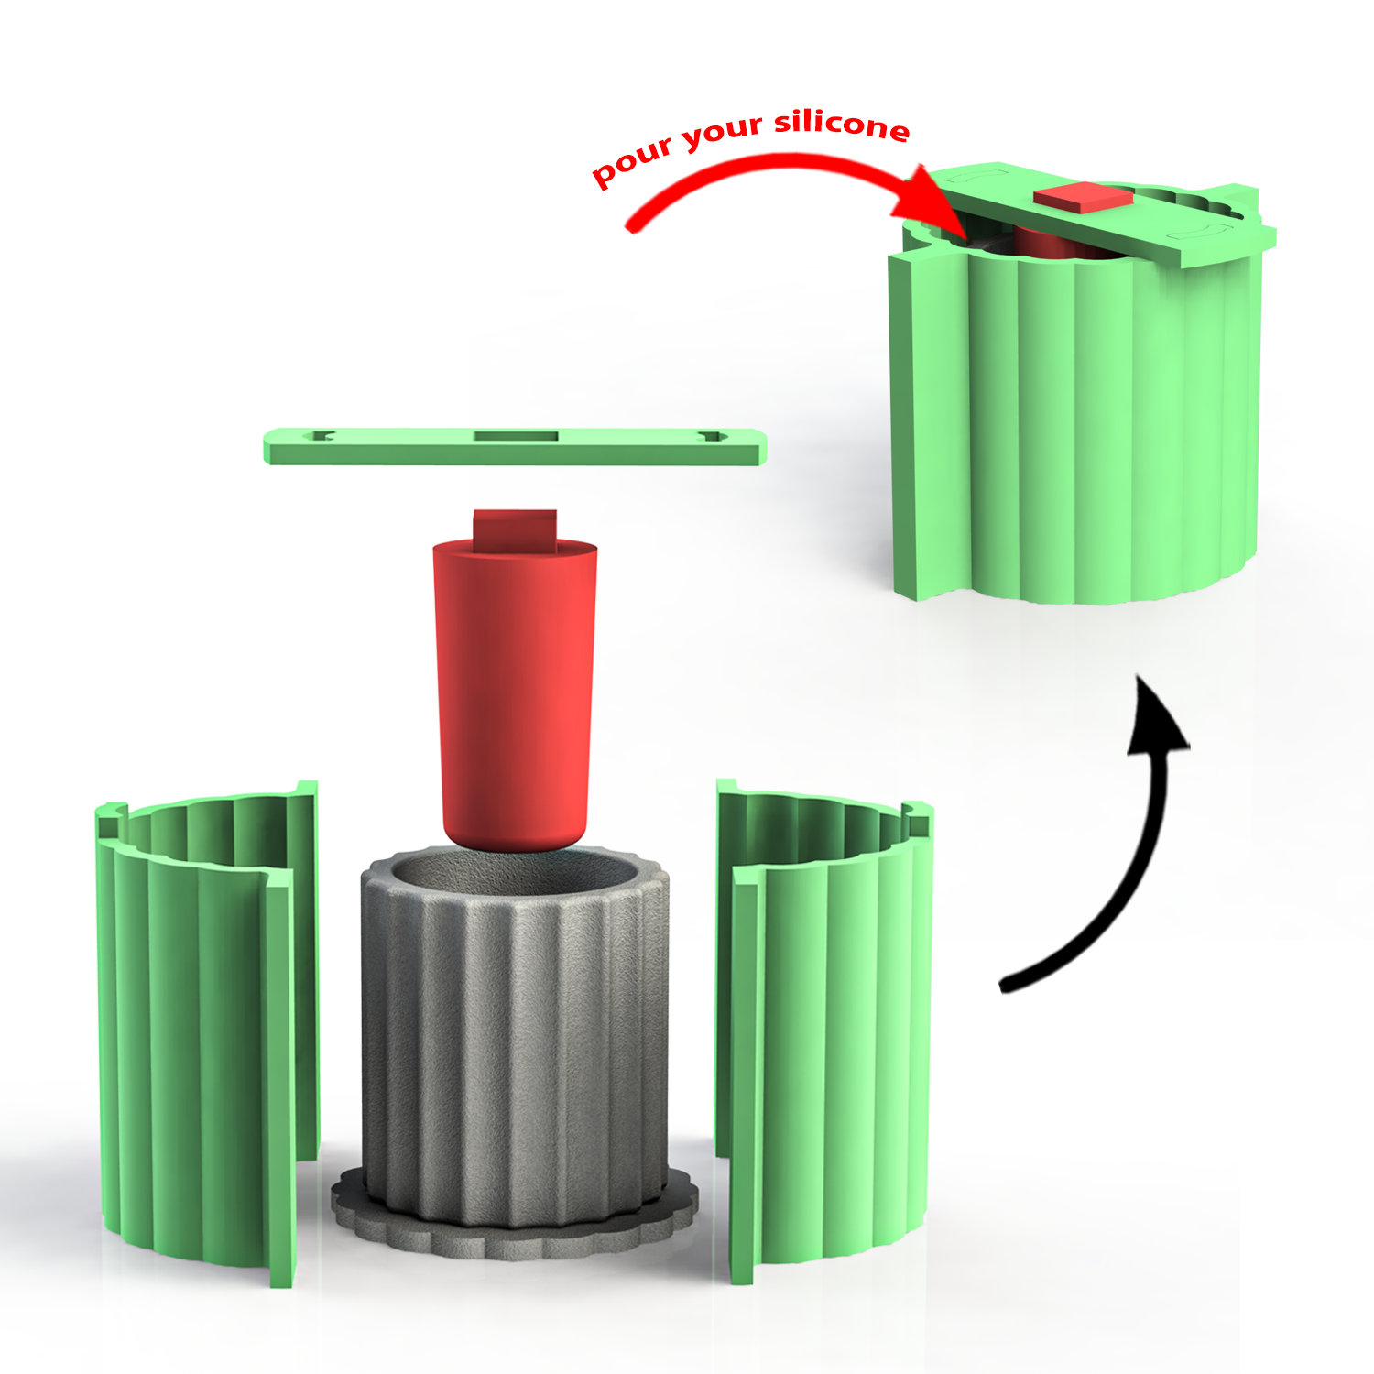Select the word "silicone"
(x=842, y=124)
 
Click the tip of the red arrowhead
(x=962, y=235)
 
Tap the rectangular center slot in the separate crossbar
(x=515, y=436)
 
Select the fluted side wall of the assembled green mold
(x=1099, y=421)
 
